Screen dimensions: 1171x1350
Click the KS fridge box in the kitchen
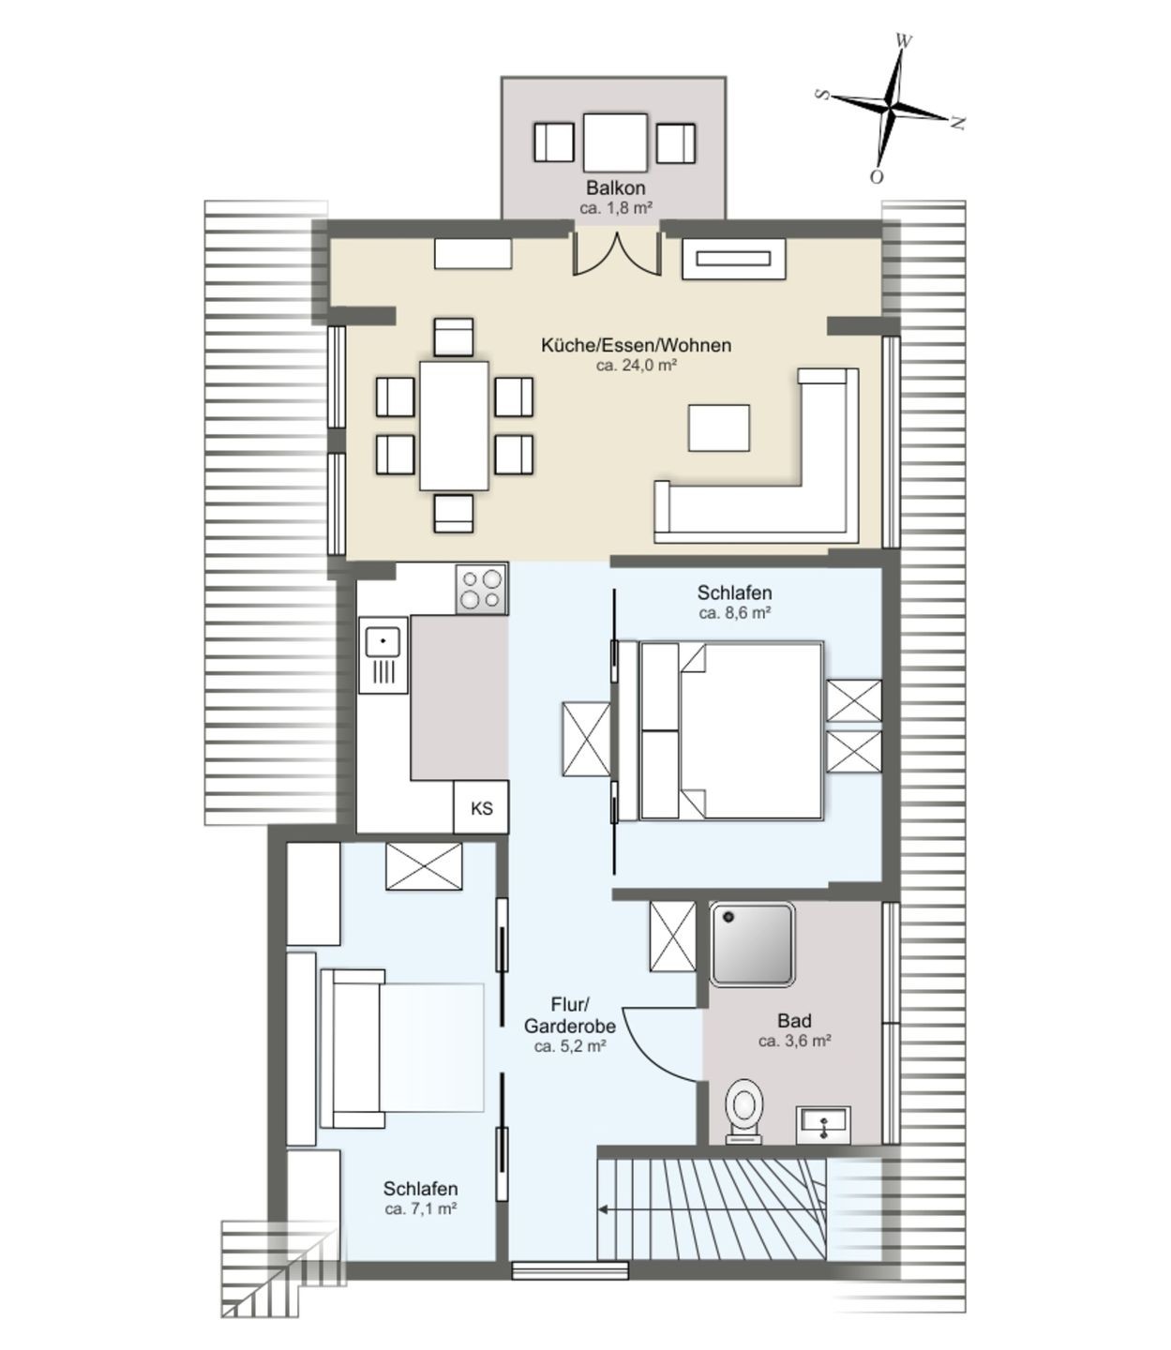(x=481, y=807)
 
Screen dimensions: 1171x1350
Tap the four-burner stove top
(x=481, y=589)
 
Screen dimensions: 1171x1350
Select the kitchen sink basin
(x=383, y=641)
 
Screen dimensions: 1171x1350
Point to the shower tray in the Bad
(x=752, y=945)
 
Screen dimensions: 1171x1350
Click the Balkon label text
(x=615, y=188)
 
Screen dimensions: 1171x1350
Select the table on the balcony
(x=615, y=142)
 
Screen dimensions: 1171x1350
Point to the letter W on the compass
(x=904, y=41)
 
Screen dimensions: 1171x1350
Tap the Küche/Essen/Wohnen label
(x=636, y=345)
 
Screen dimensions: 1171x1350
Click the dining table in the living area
(x=454, y=426)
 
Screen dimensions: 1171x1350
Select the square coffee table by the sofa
(x=718, y=427)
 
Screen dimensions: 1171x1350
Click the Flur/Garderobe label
(x=569, y=1014)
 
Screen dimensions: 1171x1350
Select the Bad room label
(x=794, y=1021)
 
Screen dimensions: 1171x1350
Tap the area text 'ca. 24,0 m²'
(x=636, y=365)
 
